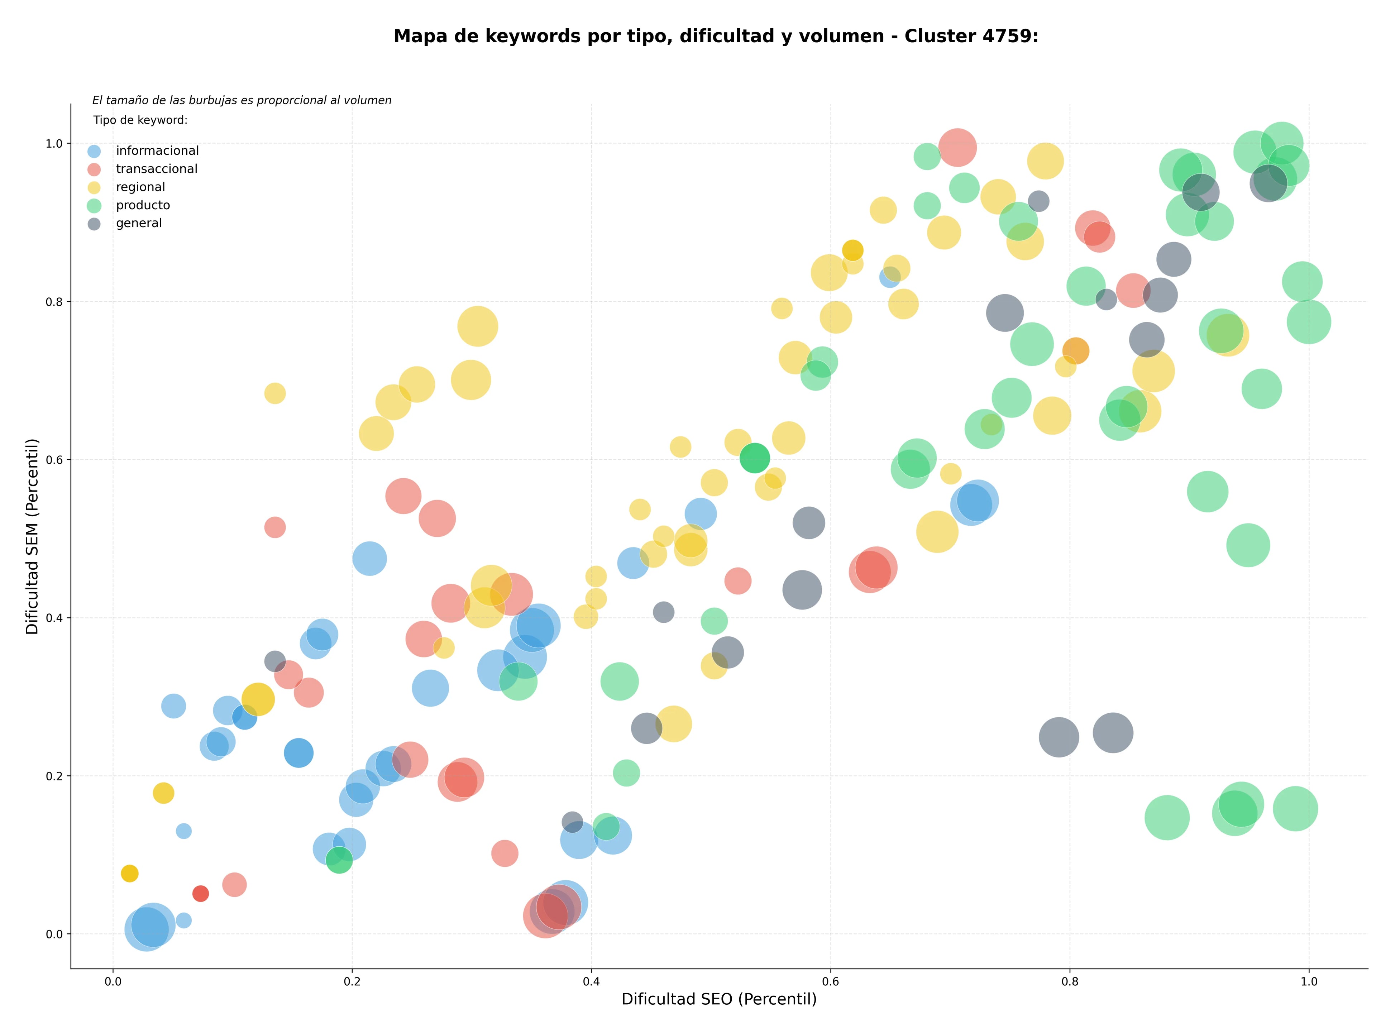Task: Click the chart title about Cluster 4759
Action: pos(716,36)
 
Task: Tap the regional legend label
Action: pos(140,187)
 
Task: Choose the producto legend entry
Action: pos(143,205)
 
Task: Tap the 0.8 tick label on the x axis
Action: pos(1070,982)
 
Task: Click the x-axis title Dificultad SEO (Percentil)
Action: pos(719,999)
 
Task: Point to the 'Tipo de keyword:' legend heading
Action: pos(140,120)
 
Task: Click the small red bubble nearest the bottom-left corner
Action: pos(200,894)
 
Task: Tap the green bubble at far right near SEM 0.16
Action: pos(1295,808)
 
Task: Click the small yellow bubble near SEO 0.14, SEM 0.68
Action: pos(275,393)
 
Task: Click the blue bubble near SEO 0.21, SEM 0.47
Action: pos(369,559)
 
